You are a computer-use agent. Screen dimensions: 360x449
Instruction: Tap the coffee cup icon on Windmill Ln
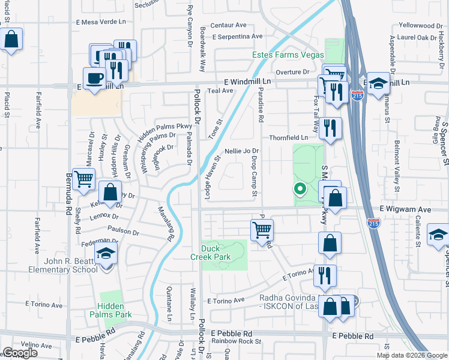(95, 79)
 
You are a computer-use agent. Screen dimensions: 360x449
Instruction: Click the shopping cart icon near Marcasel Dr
(83, 178)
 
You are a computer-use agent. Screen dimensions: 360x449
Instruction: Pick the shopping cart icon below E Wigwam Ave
(262, 229)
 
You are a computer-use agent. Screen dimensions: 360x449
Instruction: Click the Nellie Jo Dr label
(241, 151)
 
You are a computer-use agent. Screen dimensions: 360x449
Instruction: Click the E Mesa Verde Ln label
(101, 22)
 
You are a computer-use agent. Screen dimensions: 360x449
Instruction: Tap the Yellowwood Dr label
(420, 26)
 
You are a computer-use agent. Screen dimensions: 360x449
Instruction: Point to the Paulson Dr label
(123, 230)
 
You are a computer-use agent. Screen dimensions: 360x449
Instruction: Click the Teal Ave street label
(219, 91)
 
